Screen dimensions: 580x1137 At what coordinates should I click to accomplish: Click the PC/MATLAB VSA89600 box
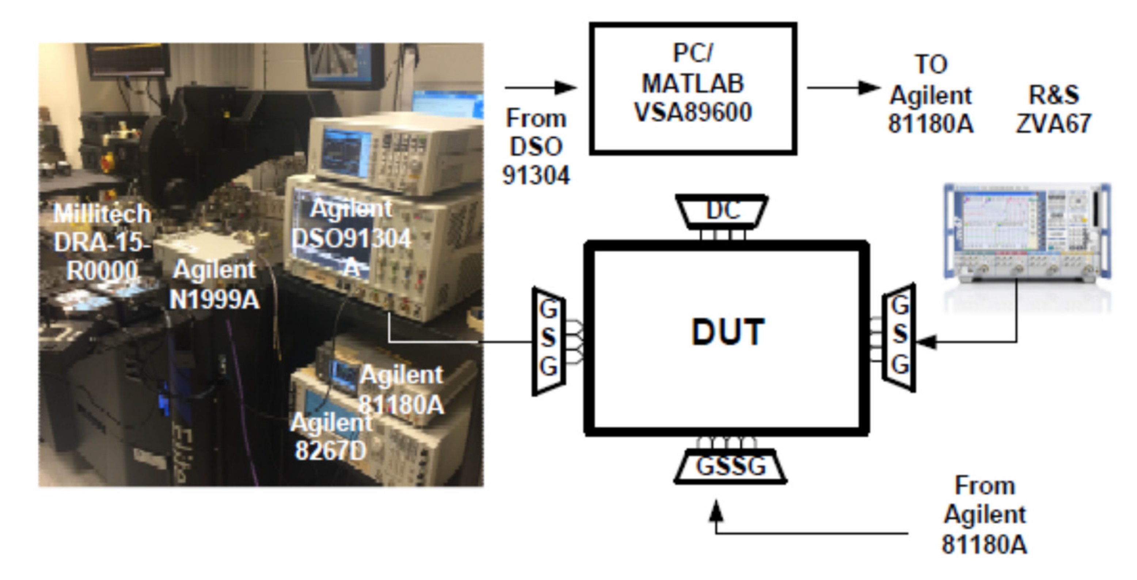[x=693, y=88]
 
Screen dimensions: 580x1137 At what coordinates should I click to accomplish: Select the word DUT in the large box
[x=728, y=332]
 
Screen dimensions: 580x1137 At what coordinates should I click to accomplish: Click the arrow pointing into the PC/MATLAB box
[x=541, y=87]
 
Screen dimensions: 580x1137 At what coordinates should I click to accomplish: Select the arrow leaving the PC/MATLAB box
[x=843, y=87]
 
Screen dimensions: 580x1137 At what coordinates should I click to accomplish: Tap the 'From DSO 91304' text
[x=536, y=146]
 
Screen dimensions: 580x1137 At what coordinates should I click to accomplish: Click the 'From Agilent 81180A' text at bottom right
[x=984, y=515]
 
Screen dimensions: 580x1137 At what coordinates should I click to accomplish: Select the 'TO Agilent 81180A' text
[x=931, y=95]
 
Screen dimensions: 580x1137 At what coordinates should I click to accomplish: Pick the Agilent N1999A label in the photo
[x=214, y=285]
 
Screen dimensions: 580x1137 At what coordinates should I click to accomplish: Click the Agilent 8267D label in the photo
[x=331, y=437]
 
